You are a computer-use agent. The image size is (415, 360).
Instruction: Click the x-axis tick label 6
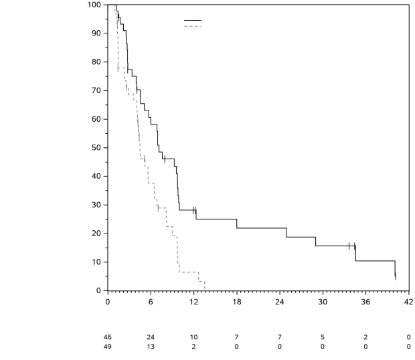(x=151, y=301)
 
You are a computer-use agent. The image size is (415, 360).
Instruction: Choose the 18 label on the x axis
(x=236, y=301)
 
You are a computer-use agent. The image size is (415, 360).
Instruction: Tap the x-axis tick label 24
(x=279, y=301)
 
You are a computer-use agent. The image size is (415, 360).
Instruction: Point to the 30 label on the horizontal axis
(x=322, y=301)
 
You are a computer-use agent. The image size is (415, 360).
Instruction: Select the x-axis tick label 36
(x=365, y=301)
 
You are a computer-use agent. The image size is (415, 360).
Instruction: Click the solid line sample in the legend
(x=192, y=20)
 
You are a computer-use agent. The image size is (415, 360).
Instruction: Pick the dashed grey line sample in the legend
(x=192, y=26)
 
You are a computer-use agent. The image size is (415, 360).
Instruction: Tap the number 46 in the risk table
(x=108, y=337)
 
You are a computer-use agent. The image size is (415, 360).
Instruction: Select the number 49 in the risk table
(x=108, y=346)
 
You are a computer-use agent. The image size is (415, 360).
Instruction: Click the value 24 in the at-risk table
(x=151, y=337)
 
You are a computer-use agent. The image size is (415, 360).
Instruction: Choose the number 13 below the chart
(x=151, y=346)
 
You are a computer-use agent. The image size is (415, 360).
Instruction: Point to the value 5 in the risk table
(x=322, y=337)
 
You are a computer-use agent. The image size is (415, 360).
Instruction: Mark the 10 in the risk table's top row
(x=193, y=337)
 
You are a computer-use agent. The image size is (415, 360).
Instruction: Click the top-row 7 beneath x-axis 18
(x=236, y=337)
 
